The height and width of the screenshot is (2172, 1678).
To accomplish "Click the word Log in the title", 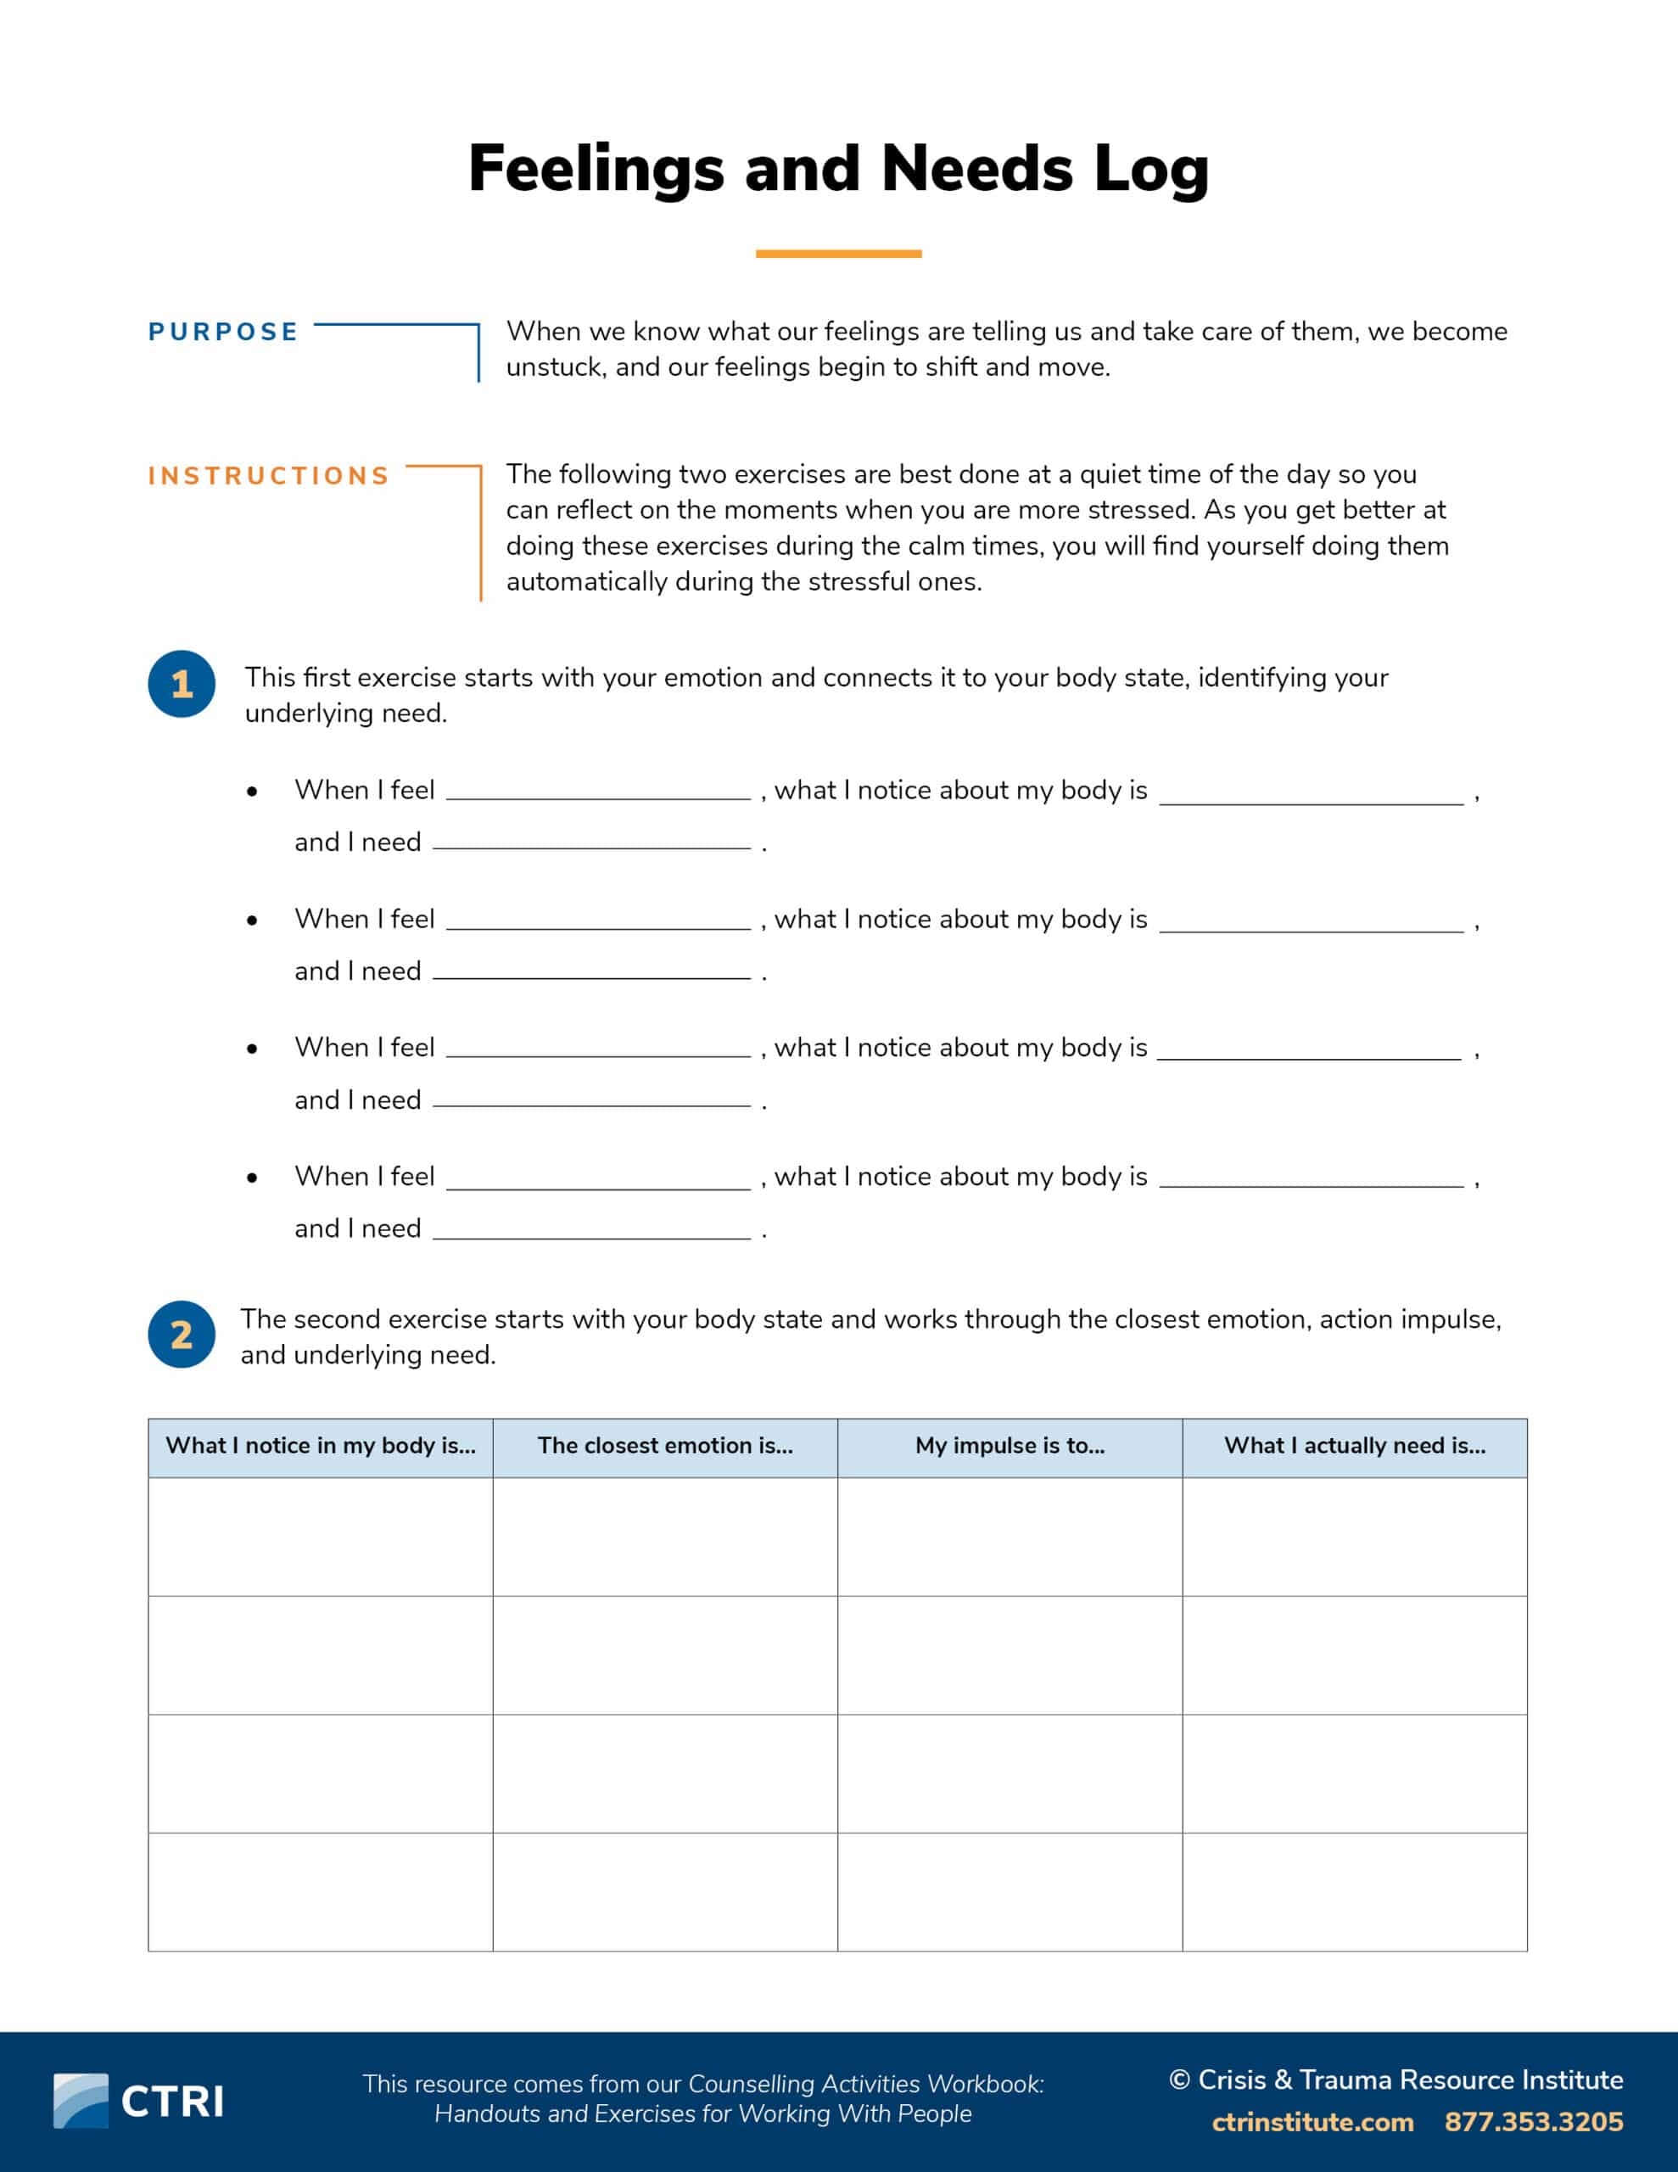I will point(1151,169).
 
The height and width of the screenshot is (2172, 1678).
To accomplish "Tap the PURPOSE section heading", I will point(223,333).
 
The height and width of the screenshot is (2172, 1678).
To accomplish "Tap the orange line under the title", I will point(838,254).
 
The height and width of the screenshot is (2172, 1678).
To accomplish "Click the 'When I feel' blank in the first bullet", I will point(598,792).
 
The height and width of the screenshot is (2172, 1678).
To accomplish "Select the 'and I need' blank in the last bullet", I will point(592,1230).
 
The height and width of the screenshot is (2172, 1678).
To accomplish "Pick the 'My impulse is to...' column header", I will point(1010,1446).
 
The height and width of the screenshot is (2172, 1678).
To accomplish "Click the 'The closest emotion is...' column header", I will point(665,1446).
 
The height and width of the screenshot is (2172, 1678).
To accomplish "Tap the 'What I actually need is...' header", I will point(1355,1446).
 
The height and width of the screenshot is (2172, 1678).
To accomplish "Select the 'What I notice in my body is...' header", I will point(321,1446).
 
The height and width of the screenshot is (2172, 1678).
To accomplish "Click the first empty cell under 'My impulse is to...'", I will point(1010,1537).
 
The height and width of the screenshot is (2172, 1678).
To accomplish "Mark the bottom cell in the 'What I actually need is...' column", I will point(1355,1891).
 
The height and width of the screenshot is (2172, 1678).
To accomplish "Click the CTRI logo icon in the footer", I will point(81,2101).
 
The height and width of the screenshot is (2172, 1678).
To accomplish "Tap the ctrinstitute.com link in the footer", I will point(1312,2121).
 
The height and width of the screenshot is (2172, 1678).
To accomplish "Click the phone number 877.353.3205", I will point(1533,2121).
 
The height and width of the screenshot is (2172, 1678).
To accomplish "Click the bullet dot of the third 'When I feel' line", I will point(253,1050).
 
